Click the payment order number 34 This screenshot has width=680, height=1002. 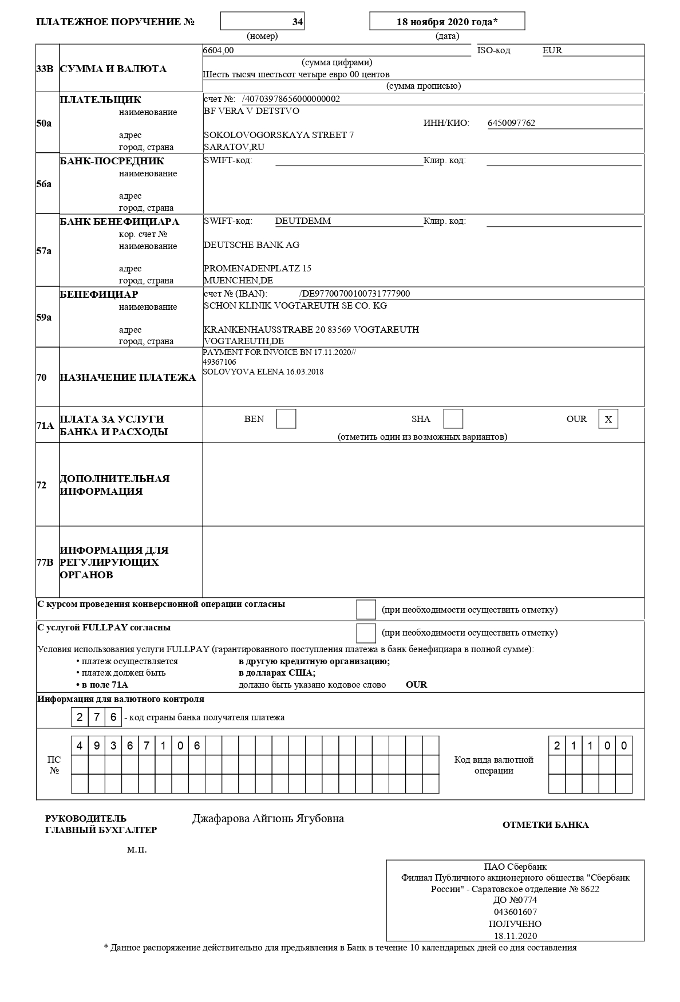click(x=297, y=22)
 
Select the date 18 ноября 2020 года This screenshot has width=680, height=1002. click(x=447, y=22)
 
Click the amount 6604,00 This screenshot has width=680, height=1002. click(x=219, y=50)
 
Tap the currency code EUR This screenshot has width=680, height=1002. click(x=552, y=50)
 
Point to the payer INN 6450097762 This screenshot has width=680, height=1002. click(x=511, y=123)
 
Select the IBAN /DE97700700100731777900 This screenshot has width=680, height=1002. click(x=355, y=294)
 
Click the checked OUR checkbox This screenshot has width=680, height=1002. click(x=608, y=419)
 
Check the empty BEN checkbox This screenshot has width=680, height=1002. click(x=286, y=419)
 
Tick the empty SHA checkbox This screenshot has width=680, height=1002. click(x=453, y=419)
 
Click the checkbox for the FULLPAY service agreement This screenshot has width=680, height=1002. click(x=366, y=633)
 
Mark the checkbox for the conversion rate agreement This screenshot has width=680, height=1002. click(x=366, y=609)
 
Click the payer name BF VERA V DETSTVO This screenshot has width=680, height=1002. click(x=251, y=111)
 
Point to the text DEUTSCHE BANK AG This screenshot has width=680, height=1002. click(x=251, y=245)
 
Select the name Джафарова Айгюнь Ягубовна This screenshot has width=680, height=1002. click(x=268, y=819)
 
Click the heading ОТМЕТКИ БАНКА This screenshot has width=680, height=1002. click(x=545, y=825)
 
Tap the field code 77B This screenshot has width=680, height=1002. click(x=45, y=562)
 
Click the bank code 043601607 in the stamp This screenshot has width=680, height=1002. click(x=515, y=912)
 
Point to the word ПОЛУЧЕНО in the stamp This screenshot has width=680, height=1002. click(x=515, y=924)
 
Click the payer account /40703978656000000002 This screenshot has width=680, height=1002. click(x=291, y=99)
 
